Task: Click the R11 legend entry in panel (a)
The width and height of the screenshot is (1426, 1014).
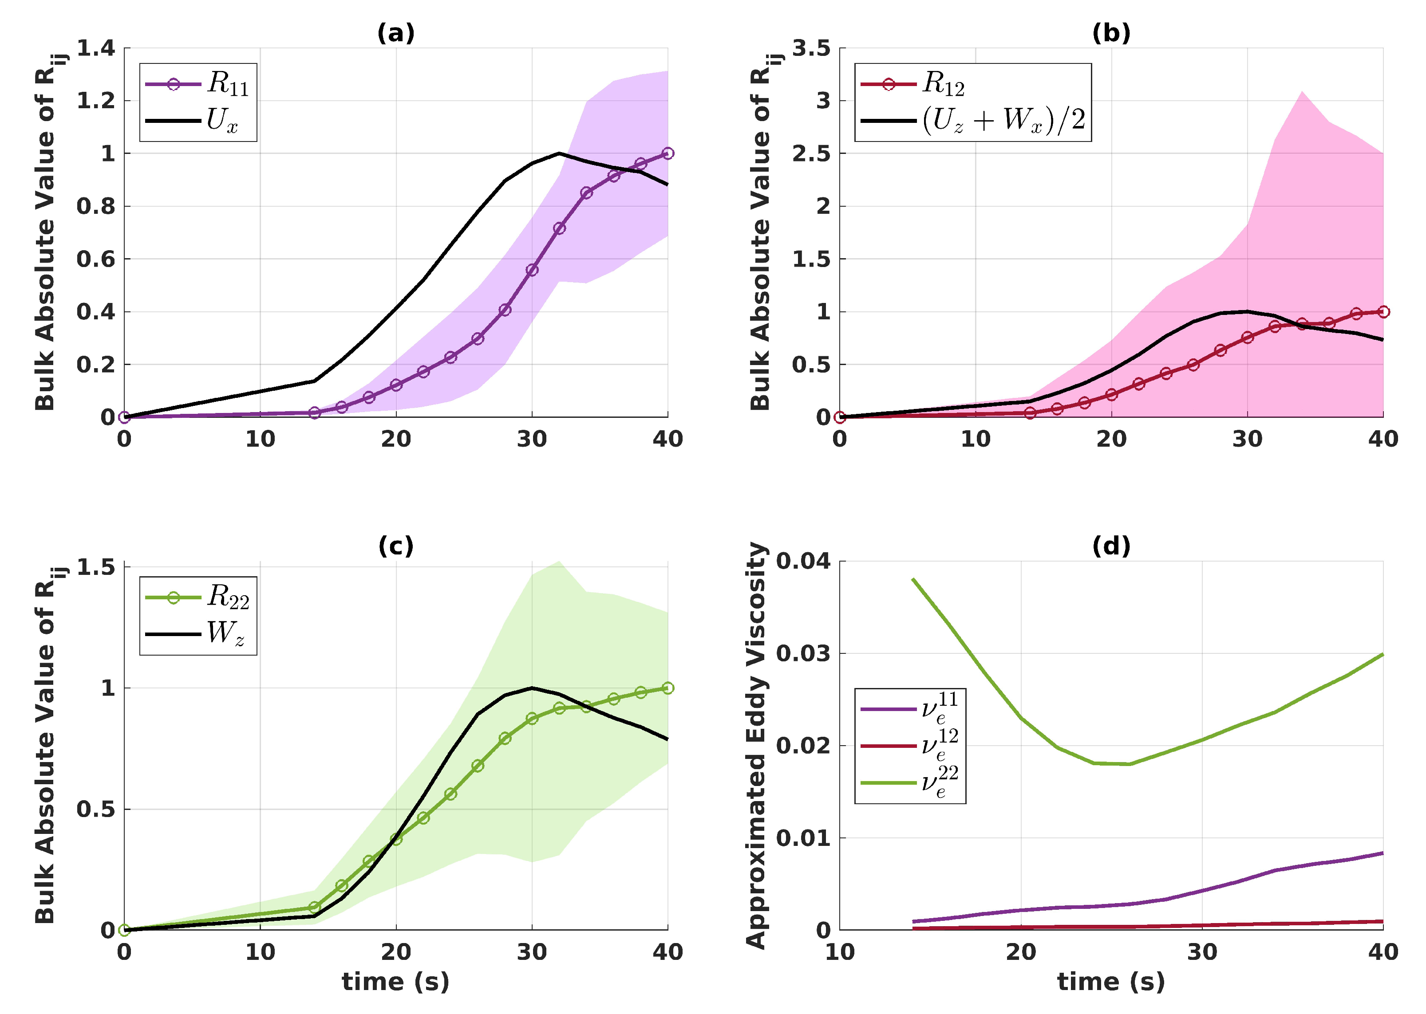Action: coord(198,84)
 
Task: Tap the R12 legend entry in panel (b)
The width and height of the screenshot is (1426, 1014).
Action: coord(912,84)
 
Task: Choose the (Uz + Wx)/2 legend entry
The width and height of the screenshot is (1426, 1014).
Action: coord(972,119)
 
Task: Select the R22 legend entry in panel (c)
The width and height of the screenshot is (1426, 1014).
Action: coord(198,597)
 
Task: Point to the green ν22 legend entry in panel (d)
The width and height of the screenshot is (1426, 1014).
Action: coord(909,782)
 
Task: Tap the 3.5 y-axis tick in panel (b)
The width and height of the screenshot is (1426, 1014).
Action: coord(811,48)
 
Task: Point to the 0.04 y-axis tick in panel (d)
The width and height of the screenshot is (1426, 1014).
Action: coord(803,561)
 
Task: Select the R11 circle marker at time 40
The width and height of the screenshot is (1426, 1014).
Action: coord(668,153)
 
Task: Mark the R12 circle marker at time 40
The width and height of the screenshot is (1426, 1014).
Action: coord(1383,311)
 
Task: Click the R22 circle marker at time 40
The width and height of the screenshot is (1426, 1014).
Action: coord(668,688)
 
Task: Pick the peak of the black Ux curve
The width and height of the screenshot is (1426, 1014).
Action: coord(559,153)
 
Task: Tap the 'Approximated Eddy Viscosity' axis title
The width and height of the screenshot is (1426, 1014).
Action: coord(756,746)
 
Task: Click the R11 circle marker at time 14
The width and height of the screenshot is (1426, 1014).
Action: coord(314,413)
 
